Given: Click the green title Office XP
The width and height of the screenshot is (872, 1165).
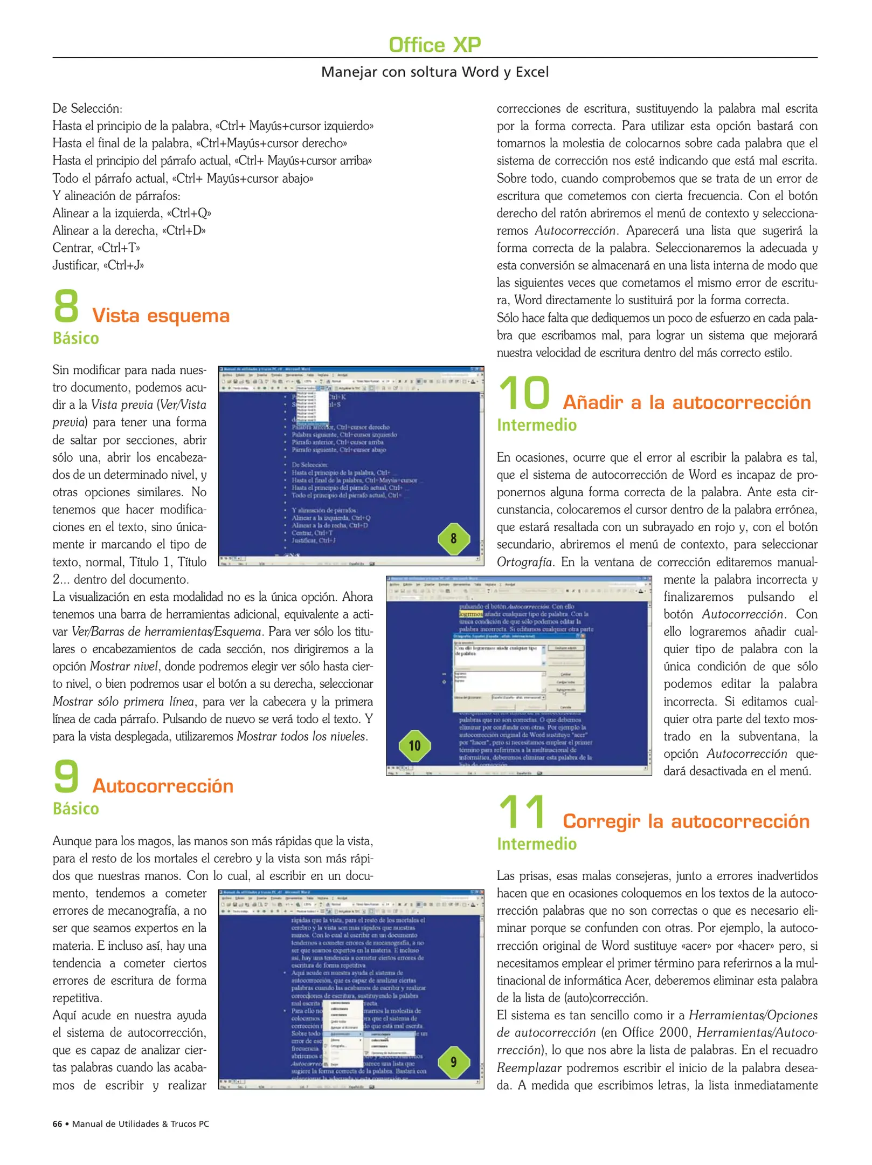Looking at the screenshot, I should click(x=434, y=45).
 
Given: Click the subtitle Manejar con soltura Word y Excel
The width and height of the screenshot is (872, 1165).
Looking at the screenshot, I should click(x=434, y=72).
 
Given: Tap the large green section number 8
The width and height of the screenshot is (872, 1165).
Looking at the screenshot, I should click(x=66, y=306).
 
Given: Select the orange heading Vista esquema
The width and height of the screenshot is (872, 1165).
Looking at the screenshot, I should click(x=161, y=316).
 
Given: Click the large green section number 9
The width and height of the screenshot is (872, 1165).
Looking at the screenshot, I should click(x=66, y=776).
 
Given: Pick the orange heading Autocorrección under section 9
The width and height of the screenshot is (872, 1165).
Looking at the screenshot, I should click(x=163, y=786).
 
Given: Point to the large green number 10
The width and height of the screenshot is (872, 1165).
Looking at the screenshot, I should click(x=524, y=393).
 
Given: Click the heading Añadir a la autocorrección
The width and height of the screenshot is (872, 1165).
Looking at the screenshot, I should click(x=687, y=402).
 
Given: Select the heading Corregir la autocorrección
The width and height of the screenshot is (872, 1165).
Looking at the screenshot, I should click(x=686, y=821).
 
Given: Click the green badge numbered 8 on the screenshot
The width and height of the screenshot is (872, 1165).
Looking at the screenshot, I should click(x=453, y=538).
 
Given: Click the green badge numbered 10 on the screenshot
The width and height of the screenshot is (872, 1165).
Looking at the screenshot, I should click(x=414, y=746).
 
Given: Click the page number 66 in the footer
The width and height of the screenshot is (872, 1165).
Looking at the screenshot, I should click(x=57, y=1124).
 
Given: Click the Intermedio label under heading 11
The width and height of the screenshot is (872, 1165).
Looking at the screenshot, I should click(x=536, y=844).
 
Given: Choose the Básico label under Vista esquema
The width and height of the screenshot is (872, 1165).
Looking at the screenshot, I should click(x=76, y=338).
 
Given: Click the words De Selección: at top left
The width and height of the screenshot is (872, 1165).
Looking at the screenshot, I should click(x=87, y=108).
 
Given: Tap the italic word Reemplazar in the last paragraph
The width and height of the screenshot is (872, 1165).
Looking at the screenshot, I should click(x=529, y=1068).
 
